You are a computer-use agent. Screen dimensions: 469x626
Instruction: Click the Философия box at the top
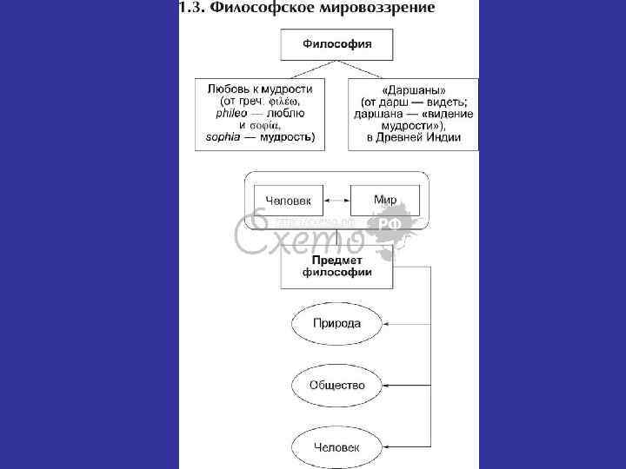(x=336, y=43)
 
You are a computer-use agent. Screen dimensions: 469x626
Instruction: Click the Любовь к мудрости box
(x=260, y=113)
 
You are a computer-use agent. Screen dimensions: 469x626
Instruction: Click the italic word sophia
(x=223, y=137)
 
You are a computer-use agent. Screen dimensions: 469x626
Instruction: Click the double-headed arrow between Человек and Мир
(x=336, y=201)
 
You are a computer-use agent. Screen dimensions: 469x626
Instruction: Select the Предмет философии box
(x=336, y=266)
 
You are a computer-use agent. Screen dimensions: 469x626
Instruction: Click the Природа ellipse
(x=336, y=323)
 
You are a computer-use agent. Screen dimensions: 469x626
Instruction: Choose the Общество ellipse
(x=336, y=385)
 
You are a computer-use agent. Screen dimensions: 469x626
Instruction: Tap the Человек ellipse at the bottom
(x=336, y=446)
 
